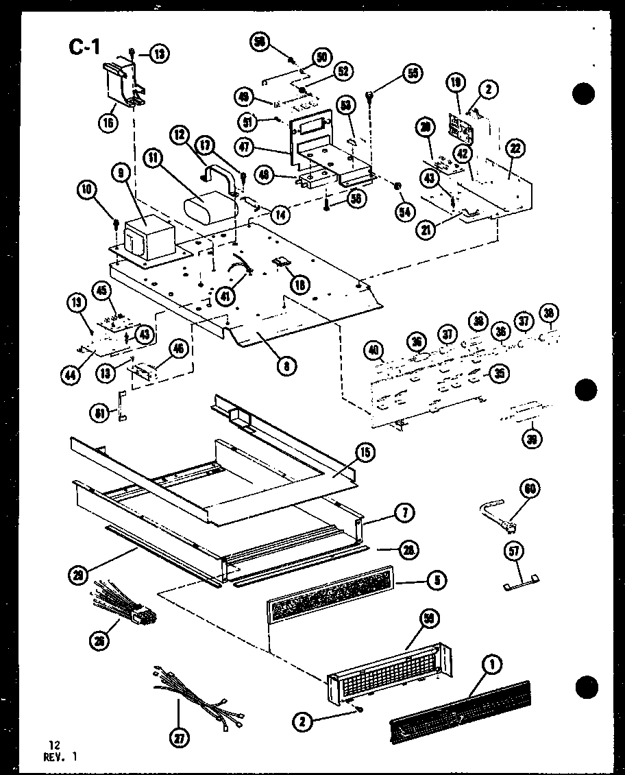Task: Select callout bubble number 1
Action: tap(492, 663)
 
